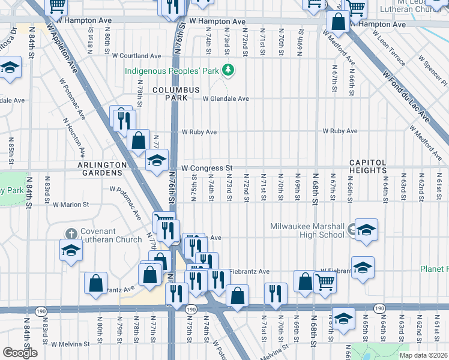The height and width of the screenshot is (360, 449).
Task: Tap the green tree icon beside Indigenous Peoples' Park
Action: pyautogui.click(x=228, y=71)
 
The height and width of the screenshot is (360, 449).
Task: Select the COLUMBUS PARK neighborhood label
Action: pyautogui.click(x=175, y=94)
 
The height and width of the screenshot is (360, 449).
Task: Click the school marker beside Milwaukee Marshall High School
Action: pyautogui.click(x=366, y=230)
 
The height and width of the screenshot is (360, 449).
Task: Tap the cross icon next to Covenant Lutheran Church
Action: pyautogui.click(x=70, y=233)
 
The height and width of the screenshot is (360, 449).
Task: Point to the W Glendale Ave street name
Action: pyautogui.click(x=225, y=99)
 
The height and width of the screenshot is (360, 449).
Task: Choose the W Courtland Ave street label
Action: pyautogui.click(x=140, y=56)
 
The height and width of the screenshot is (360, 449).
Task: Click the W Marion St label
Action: pyautogui.click(x=71, y=205)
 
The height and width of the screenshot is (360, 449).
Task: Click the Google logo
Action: pyautogui.click(x=20, y=353)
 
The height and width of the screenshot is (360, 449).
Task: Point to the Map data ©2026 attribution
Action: pyautogui.click(x=423, y=355)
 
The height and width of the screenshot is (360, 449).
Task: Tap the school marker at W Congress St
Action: pyautogui.click(x=157, y=161)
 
